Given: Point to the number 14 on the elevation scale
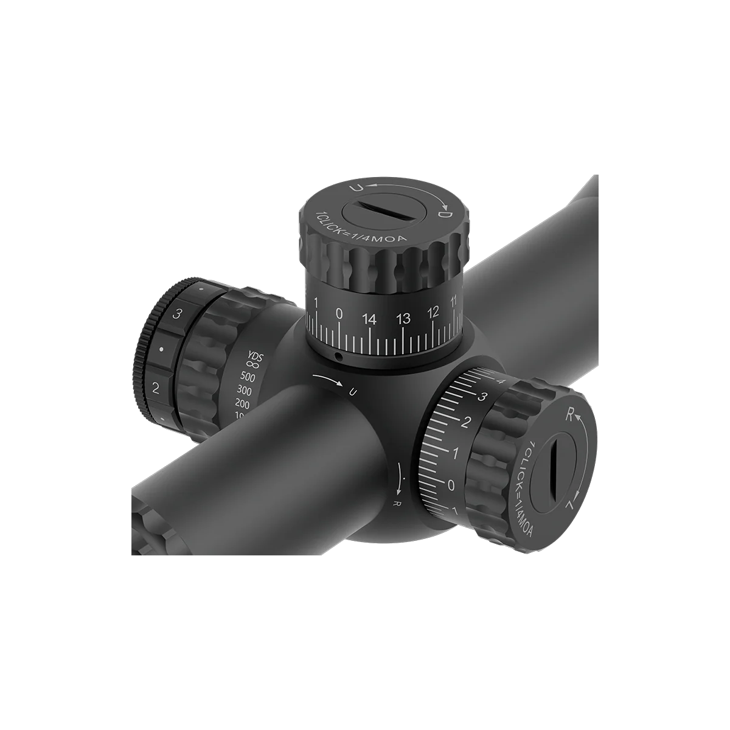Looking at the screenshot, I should [x=369, y=318].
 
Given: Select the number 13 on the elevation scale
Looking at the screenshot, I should [x=403, y=318].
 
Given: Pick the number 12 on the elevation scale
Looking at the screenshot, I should [x=433, y=312].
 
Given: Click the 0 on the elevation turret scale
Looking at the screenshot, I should [x=339, y=313].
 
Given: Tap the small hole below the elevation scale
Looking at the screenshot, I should [x=340, y=356].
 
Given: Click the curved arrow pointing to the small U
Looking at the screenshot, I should [x=328, y=381].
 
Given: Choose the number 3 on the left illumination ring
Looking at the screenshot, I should [x=178, y=314].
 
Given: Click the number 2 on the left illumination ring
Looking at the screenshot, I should [x=156, y=388].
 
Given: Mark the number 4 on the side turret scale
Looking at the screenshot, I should [x=502, y=381].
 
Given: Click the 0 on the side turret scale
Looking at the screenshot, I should [x=451, y=485].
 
